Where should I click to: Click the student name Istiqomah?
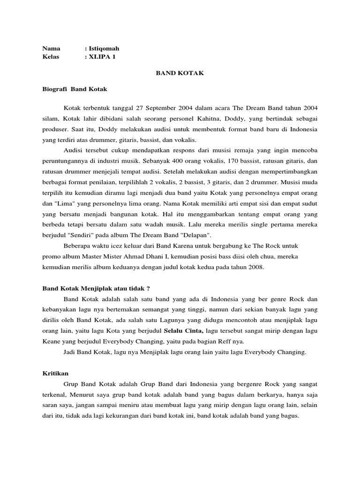[104, 48]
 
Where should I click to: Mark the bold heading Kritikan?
[55, 373]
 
